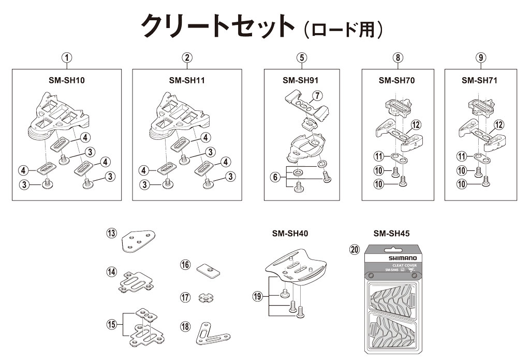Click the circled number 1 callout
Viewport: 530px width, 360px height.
tap(67, 58)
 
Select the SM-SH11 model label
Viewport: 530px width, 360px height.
tap(187, 80)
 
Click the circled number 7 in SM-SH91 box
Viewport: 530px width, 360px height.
tap(316, 95)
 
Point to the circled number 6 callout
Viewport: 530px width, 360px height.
tap(274, 177)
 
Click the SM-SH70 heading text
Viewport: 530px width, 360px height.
tap(396, 80)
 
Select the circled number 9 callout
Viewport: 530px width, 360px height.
tap(481, 58)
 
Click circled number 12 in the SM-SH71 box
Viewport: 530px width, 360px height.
tap(498, 124)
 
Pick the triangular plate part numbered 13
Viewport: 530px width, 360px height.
tap(138, 240)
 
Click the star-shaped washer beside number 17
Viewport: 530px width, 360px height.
tap(206, 298)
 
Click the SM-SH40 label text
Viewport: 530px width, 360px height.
tap(290, 234)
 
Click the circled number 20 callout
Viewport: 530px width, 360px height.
tap(354, 250)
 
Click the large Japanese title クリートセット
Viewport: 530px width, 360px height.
tap(218, 26)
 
